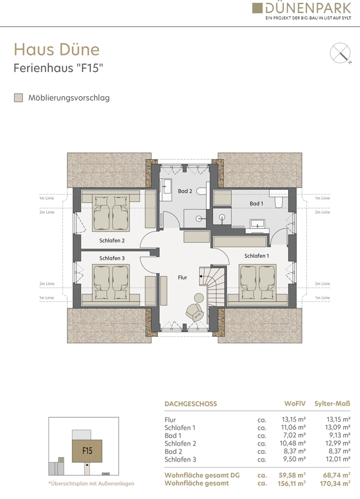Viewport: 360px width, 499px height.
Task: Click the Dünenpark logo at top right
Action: coord(302,11)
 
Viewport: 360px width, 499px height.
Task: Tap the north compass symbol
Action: coord(340,53)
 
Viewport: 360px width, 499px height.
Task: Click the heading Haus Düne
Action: coord(57,49)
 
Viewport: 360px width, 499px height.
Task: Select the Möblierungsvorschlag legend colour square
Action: coord(18,98)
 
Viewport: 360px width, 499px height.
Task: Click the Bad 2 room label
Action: coord(185,191)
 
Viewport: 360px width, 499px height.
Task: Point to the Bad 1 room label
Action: coord(256,204)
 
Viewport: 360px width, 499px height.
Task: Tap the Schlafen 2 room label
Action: coord(112,241)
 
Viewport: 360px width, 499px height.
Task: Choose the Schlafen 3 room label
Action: coord(112,258)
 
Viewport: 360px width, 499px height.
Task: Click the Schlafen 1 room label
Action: coord(257,256)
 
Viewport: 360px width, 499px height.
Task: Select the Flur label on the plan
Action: coord(182,277)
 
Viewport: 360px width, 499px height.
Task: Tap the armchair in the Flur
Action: coord(194,312)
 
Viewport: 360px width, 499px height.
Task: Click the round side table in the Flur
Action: coord(199,297)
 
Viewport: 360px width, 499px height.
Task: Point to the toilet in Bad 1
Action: coord(279,202)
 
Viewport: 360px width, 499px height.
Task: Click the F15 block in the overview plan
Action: coord(87,451)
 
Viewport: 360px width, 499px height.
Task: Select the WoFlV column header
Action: coord(295,404)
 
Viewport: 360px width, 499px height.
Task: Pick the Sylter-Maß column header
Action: coord(333,404)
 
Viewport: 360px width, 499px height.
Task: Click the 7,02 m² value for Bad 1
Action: coord(295,435)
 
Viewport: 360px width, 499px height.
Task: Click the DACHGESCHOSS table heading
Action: coord(191,404)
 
